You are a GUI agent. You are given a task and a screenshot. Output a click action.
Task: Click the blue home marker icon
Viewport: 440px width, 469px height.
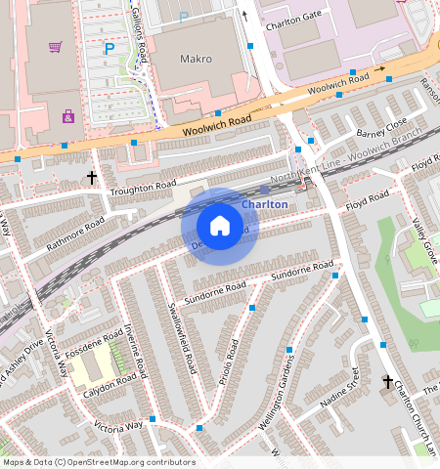pos(220,226)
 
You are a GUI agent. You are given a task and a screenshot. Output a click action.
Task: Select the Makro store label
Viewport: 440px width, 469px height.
pos(196,59)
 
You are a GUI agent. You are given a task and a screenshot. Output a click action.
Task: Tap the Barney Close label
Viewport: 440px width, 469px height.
pos(380,128)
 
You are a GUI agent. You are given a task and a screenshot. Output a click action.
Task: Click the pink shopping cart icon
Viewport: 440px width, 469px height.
pos(56,46)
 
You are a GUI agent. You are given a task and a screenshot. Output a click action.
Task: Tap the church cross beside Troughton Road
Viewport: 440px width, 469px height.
pos(92,178)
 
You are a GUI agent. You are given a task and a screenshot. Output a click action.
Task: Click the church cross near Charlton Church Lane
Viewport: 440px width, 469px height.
pos(387,381)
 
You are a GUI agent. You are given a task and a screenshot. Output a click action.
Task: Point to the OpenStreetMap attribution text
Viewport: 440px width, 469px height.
pos(99,462)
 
